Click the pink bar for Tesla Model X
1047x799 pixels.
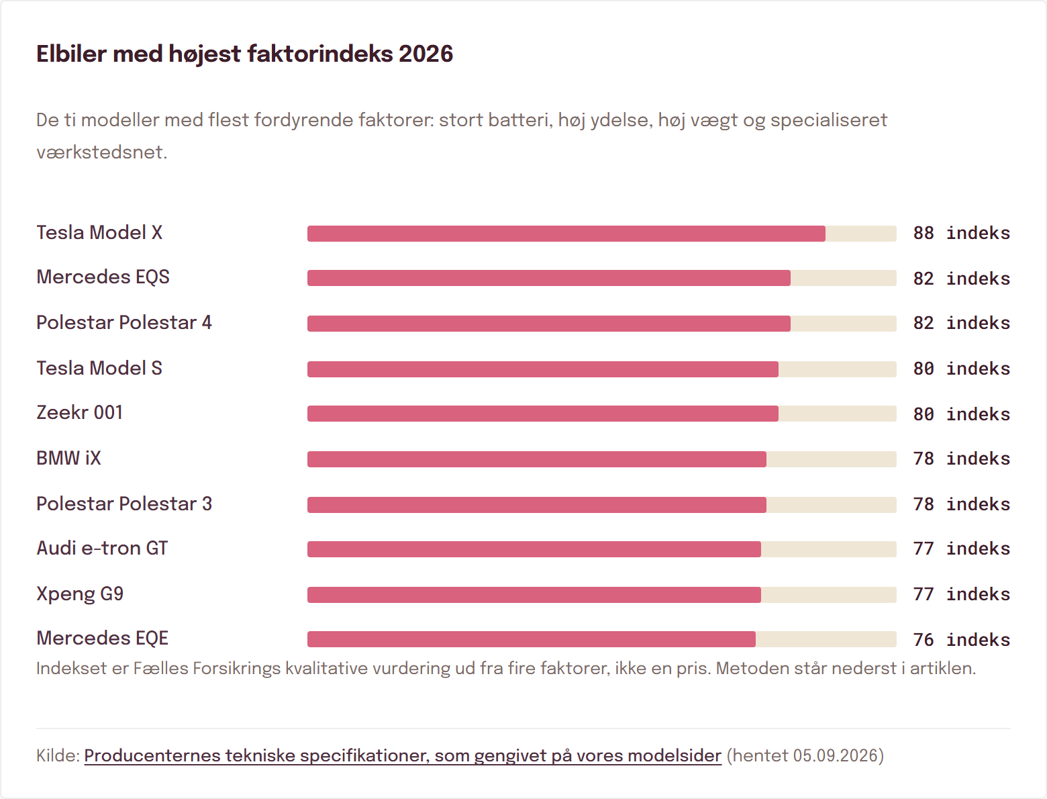(x=566, y=234)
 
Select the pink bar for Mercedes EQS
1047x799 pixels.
(x=548, y=278)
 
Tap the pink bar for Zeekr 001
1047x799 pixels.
(x=543, y=414)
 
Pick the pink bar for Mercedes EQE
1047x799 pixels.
(x=532, y=639)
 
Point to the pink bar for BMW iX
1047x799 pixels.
(x=537, y=459)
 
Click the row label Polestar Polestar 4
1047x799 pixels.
(x=124, y=323)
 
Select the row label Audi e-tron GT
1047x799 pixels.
(x=102, y=549)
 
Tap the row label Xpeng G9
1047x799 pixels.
(x=80, y=594)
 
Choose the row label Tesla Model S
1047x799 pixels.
(x=99, y=368)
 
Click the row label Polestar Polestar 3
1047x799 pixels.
(x=124, y=504)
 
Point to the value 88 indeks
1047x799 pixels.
(x=962, y=233)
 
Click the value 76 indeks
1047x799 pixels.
(x=962, y=640)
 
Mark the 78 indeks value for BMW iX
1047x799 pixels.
(x=962, y=459)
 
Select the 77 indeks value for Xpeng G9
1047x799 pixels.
(x=962, y=594)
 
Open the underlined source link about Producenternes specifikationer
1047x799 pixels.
(x=403, y=756)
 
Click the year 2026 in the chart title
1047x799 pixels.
(x=426, y=54)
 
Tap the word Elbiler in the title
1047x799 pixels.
(x=72, y=54)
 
